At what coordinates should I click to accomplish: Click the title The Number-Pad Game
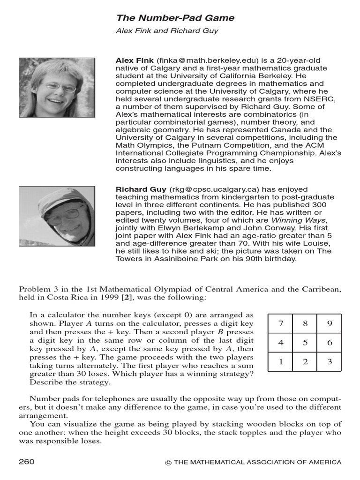click(x=175, y=18)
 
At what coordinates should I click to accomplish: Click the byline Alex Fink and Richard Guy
click(x=167, y=31)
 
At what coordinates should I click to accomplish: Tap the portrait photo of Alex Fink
click(x=57, y=88)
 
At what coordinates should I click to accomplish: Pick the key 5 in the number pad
click(x=305, y=343)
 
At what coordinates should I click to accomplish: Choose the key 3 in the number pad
click(x=330, y=361)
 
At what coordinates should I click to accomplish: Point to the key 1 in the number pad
click(x=280, y=361)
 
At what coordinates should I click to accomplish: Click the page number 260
click(x=27, y=462)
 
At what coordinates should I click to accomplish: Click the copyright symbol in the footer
click(x=168, y=463)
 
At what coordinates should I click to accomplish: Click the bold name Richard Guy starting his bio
click(x=141, y=189)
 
